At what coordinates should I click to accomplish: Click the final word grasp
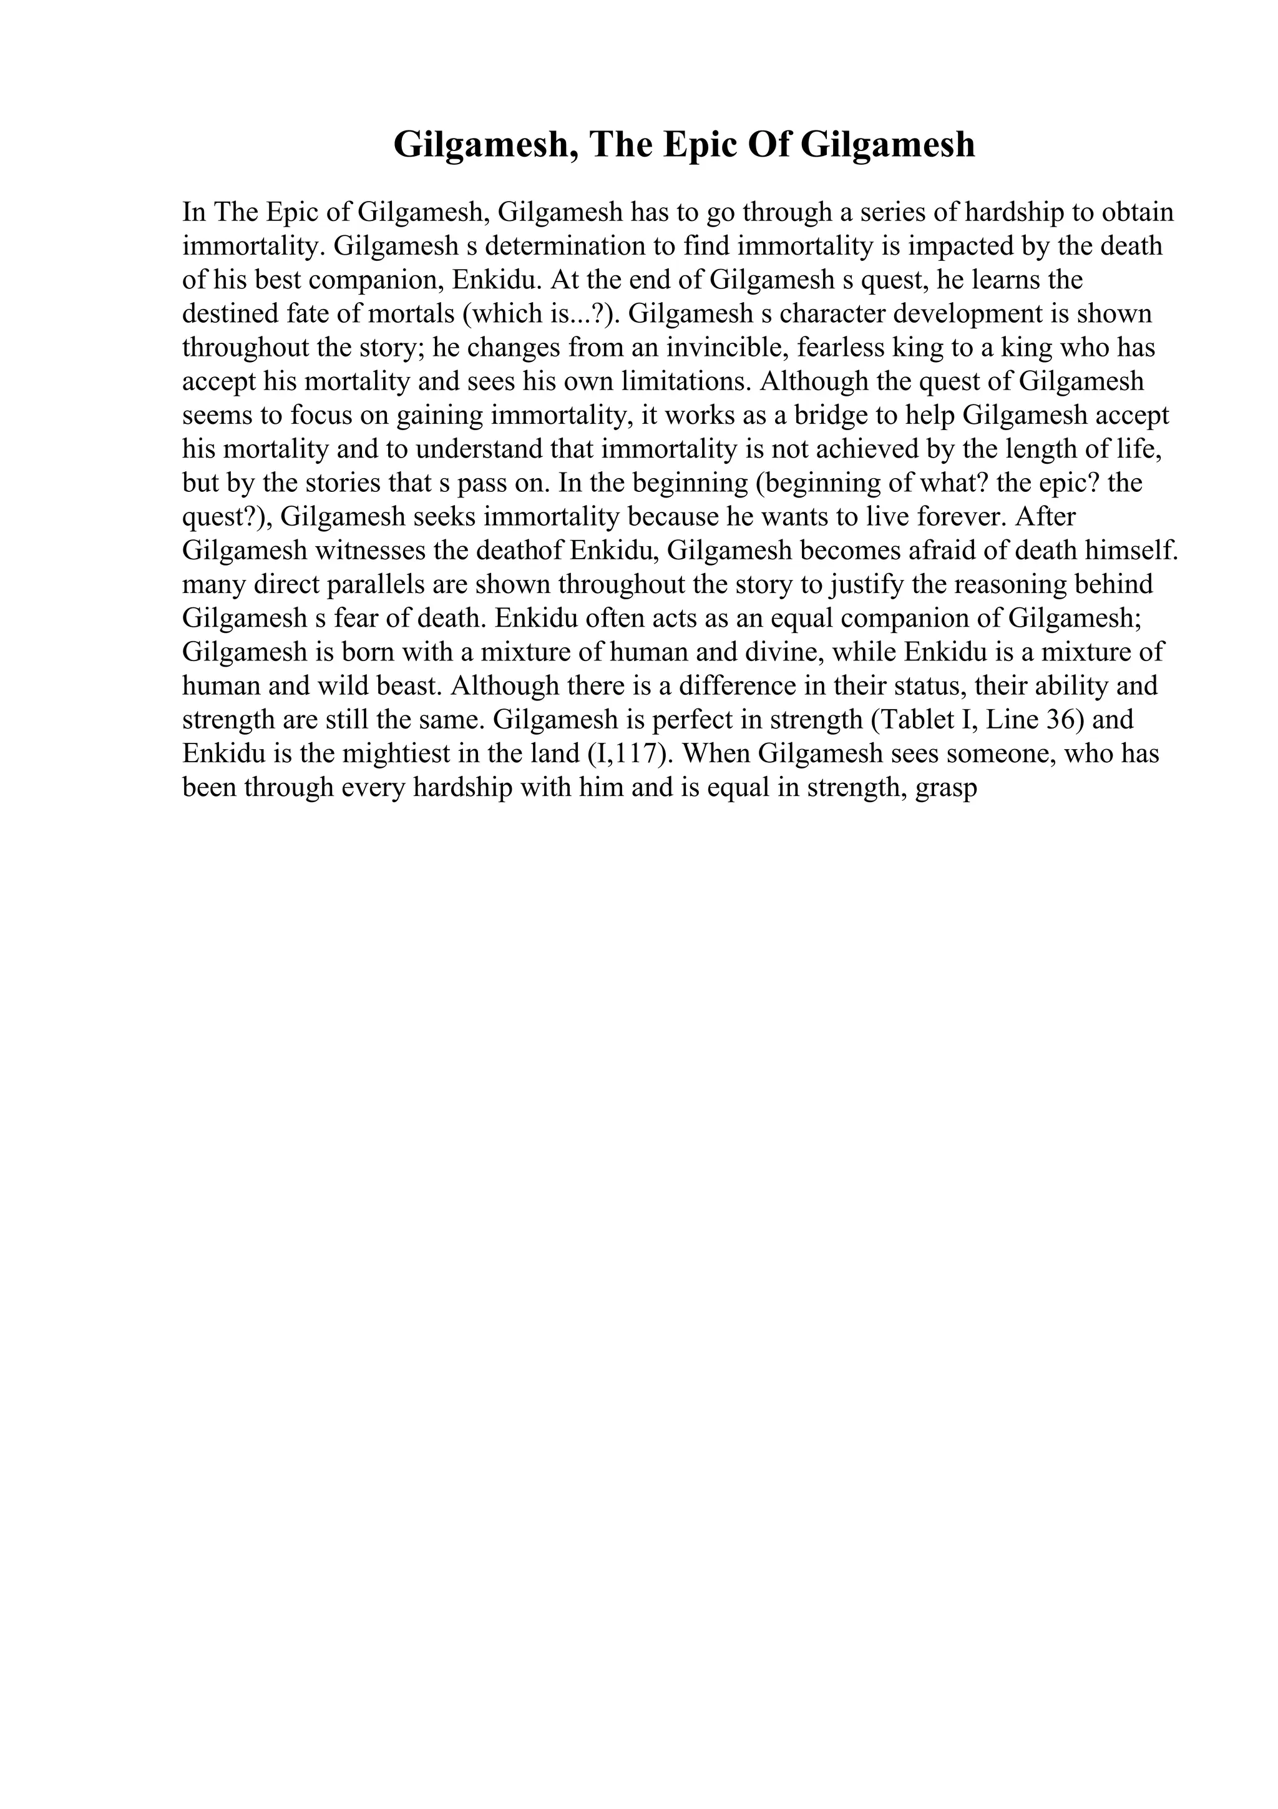tap(945, 788)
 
